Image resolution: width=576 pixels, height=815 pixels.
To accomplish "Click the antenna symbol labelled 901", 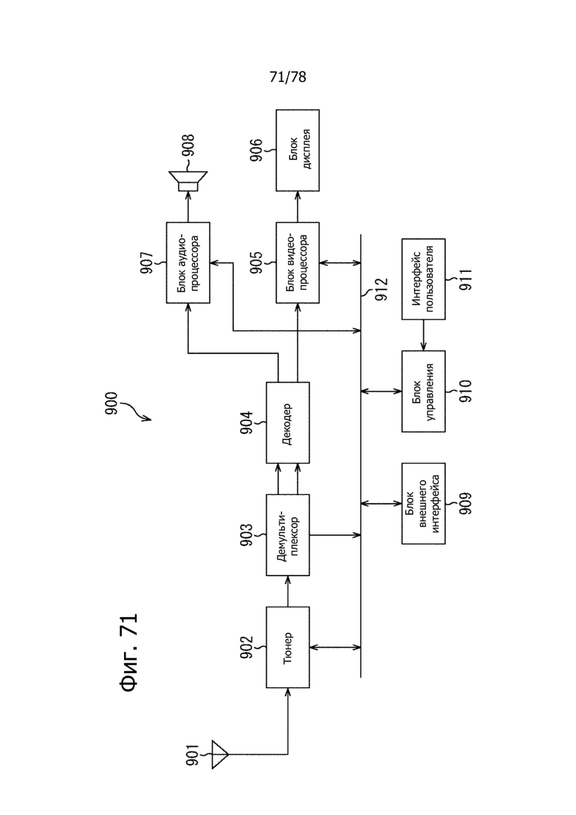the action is point(220,754).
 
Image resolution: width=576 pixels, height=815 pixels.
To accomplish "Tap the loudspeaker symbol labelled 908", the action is point(188,182).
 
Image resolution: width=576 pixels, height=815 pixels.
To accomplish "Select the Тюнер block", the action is point(288,647).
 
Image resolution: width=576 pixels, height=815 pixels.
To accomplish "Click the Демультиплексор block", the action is point(288,535).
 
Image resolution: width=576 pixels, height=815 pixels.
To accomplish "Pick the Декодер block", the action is point(288,423).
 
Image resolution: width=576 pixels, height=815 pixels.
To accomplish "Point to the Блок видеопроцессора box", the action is point(298,262).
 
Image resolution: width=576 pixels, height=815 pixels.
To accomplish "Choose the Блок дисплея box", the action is point(298,150).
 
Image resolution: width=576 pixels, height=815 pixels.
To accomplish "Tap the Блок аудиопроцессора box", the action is point(188,262).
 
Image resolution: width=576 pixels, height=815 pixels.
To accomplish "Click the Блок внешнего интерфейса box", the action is point(423,503).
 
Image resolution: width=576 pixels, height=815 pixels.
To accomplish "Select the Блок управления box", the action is point(423,391).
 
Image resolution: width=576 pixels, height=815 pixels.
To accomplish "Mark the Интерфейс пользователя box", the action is point(423,279).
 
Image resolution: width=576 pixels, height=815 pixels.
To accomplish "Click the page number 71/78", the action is point(288,77).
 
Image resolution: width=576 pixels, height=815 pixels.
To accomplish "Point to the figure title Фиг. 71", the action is point(128,652).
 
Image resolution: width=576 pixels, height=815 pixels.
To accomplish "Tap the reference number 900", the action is point(112,403).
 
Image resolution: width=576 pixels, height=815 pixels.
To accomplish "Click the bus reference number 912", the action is point(381,290).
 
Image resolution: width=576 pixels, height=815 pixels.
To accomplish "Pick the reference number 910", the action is point(464,391).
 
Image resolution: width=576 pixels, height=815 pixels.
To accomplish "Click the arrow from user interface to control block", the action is point(423,335).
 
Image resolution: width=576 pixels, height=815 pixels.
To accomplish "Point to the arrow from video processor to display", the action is point(298,207).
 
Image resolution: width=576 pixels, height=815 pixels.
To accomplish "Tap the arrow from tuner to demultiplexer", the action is point(288,591).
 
